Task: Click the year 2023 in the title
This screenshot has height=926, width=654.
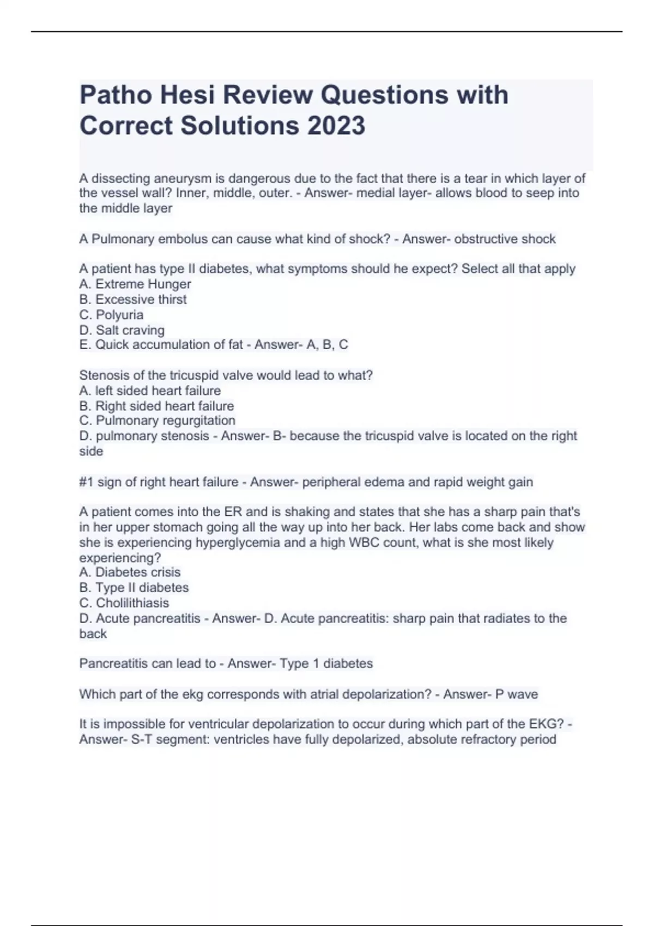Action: (336, 125)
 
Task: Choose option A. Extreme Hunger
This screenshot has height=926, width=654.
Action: (135, 284)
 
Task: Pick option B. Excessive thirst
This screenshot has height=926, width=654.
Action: (133, 299)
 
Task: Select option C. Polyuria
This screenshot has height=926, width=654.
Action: (112, 315)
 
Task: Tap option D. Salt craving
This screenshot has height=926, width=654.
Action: (122, 330)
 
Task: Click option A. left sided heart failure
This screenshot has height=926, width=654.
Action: (150, 391)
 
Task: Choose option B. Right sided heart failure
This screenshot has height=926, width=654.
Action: (156, 406)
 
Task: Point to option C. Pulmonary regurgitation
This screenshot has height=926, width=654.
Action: (158, 421)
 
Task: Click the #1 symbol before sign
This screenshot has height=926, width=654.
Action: (86, 482)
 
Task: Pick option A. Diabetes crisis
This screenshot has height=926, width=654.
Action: (130, 572)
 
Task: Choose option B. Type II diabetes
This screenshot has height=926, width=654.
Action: (134, 587)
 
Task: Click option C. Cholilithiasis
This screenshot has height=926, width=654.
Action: (124, 603)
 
